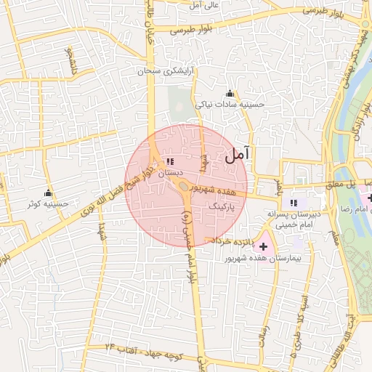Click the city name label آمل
[238, 154]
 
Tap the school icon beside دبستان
[170, 162]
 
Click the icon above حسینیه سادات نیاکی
[230, 93]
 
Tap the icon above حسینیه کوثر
[49, 193]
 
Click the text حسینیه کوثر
[49, 204]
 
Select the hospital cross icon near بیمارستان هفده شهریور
[263, 248]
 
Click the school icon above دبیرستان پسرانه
[294, 203]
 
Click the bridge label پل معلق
[349, 185]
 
